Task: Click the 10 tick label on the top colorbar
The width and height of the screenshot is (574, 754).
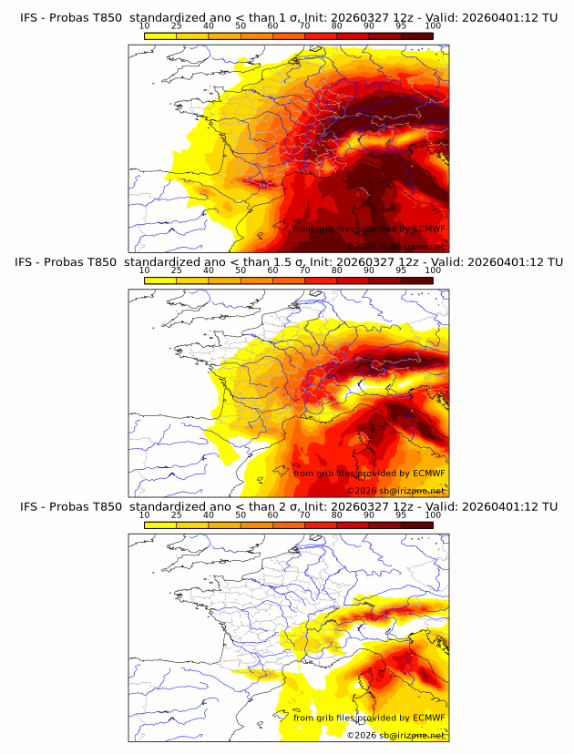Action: [145, 25]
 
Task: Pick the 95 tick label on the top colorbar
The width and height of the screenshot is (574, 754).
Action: [401, 25]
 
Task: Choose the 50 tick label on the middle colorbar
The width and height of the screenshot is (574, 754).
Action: [241, 270]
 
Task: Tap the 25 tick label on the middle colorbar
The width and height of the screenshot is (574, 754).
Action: [177, 270]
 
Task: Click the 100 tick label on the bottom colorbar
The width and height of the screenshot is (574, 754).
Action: [433, 515]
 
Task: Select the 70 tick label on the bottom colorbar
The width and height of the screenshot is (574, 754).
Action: [305, 515]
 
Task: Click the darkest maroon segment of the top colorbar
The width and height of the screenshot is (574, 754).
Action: [416, 36]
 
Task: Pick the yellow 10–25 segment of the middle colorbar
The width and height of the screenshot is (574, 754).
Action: [160, 281]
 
